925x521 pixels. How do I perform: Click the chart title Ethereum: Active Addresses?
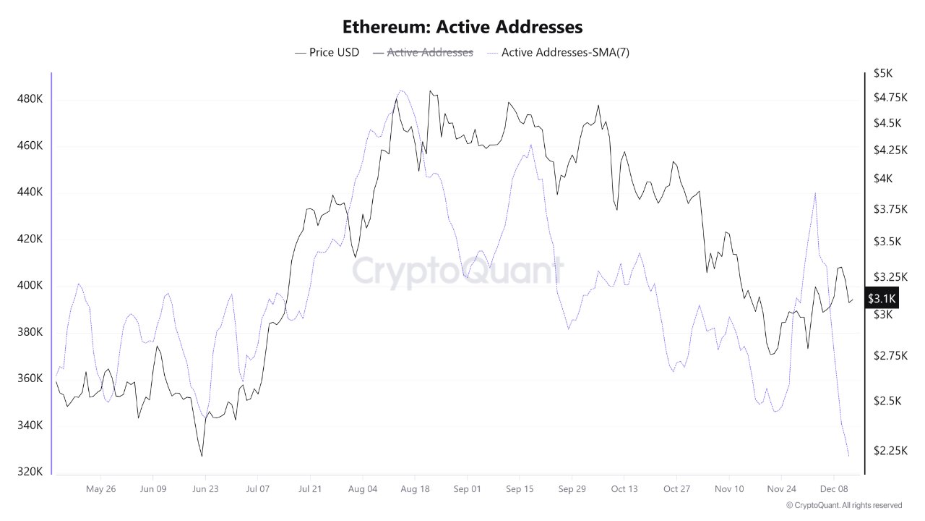[x=462, y=27]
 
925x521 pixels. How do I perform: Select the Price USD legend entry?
[x=327, y=52]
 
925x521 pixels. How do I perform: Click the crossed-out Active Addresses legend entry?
[x=423, y=52]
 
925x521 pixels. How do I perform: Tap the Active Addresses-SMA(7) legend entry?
[x=558, y=52]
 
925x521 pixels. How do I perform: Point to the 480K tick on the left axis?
[x=30, y=99]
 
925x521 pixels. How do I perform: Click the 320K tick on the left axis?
[x=30, y=472]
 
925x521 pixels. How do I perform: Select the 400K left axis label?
[x=30, y=286]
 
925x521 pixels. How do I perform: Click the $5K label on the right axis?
[x=882, y=73]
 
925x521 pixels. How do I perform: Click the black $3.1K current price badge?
[x=882, y=298]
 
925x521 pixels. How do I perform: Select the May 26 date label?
[x=100, y=489]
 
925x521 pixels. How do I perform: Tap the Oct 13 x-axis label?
[x=624, y=489]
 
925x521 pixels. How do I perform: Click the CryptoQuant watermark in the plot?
[x=457, y=271]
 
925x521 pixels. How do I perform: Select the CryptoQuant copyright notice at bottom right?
[x=843, y=505]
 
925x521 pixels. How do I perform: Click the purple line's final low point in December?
[x=848, y=456]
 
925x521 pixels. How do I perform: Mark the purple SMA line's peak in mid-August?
[x=402, y=91]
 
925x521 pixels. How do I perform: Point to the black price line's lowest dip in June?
[x=202, y=456]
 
